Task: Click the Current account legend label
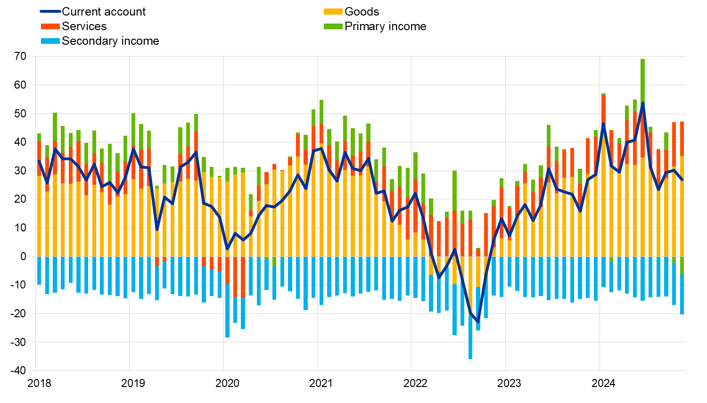104,12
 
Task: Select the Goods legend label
362,12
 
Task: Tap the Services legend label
84,26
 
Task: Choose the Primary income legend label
385,26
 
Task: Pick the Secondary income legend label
110,41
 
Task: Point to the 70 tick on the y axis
20,57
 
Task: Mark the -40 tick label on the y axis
19,370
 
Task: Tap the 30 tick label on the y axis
20,171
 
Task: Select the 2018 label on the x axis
39,383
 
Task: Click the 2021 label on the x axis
321,383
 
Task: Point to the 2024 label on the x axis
603,383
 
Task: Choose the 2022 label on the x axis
415,383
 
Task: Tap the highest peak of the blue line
643,103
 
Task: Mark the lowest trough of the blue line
478,321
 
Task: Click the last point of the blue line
682,180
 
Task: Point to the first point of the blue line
39,161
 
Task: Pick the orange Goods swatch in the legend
333,12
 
